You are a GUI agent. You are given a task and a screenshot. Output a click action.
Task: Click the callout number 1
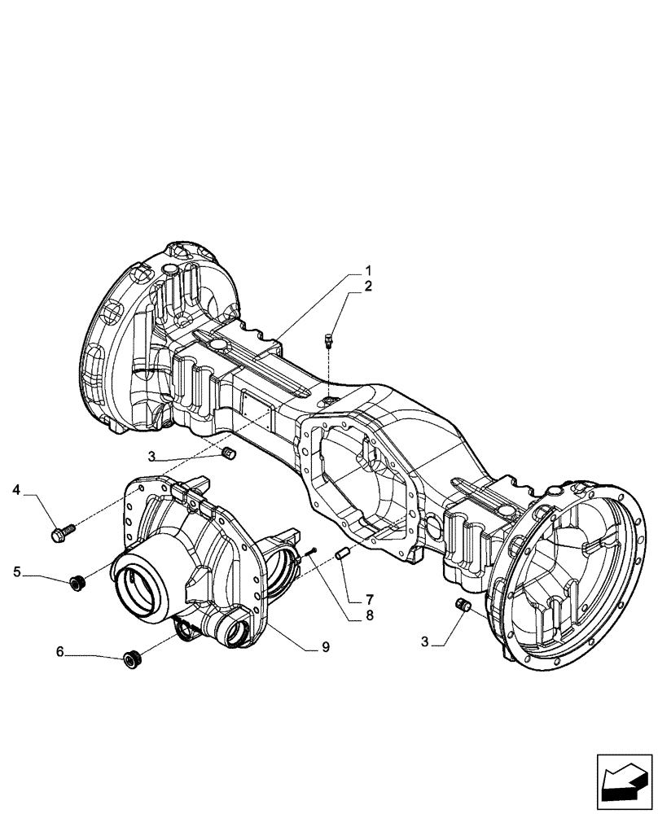click(x=367, y=270)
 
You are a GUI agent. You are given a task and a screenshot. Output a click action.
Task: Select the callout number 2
click(x=367, y=286)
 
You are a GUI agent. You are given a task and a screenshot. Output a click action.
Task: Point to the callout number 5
click(x=16, y=572)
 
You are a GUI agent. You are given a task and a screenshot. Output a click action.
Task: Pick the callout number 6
click(x=59, y=651)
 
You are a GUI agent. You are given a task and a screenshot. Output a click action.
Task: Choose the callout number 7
click(x=369, y=599)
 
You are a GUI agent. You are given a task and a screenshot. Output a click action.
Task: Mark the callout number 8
click(x=369, y=616)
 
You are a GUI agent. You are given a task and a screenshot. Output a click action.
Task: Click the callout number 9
click(x=325, y=647)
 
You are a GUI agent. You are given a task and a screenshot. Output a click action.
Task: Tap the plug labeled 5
click(x=78, y=583)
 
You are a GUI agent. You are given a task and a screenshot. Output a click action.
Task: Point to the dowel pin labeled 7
click(x=343, y=554)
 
